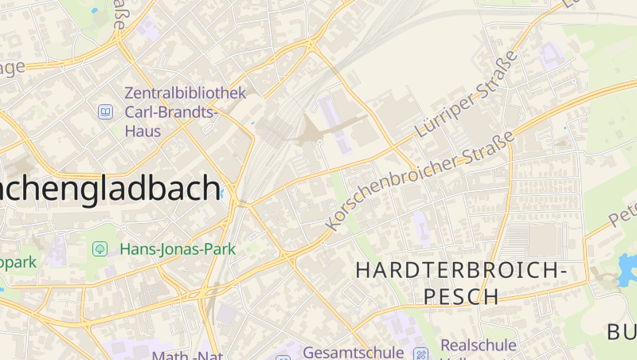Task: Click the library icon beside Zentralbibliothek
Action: (105, 112)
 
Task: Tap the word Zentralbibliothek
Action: (186, 92)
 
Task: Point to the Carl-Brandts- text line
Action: (171, 112)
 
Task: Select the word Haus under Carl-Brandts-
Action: (143, 131)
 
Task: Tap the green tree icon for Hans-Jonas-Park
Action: (100, 249)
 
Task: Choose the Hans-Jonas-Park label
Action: (178, 249)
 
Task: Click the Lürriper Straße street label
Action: (467, 96)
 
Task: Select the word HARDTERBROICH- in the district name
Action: (461, 271)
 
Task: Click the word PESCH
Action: (461, 297)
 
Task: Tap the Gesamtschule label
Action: (354, 351)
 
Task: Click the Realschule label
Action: (479, 346)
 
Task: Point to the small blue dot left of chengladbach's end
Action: (221, 193)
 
